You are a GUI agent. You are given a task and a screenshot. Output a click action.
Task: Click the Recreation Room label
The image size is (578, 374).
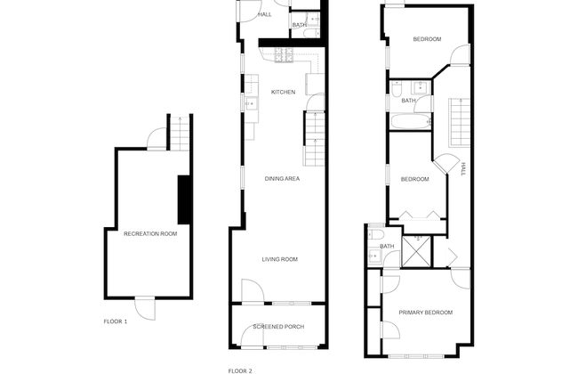tap(150, 233)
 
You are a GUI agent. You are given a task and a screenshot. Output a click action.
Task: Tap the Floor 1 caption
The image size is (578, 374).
tap(116, 321)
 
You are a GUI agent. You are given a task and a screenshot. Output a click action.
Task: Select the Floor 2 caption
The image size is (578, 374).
tap(240, 371)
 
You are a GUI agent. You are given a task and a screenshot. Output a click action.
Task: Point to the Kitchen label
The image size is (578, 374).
tap(283, 92)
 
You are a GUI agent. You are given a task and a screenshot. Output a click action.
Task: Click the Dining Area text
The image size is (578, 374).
tap(282, 179)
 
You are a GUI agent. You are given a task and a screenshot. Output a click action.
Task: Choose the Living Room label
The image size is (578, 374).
tap(280, 259)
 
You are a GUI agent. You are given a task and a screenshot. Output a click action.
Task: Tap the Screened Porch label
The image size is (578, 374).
tap(278, 327)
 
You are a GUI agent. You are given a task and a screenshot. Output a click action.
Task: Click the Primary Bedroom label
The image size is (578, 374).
tap(426, 313)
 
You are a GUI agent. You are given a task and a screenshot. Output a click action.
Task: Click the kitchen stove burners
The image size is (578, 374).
tap(284, 55)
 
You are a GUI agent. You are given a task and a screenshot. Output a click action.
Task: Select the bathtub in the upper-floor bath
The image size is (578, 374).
tap(411, 121)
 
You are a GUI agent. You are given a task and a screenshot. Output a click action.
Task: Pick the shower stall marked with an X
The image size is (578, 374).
tap(416, 251)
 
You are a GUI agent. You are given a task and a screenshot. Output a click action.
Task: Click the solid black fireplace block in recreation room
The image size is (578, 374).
tap(183, 199)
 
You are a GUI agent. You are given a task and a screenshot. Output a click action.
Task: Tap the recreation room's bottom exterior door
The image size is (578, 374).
tap(145, 308)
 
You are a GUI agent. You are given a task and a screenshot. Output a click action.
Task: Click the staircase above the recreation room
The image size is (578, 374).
tap(180, 134)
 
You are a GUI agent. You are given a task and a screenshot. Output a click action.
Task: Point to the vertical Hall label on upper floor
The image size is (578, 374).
tap(463, 169)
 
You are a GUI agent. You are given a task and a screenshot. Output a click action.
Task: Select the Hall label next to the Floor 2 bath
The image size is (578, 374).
tap(265, 14)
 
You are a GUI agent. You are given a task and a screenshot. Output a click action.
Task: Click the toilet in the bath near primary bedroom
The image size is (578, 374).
tap(376, 234)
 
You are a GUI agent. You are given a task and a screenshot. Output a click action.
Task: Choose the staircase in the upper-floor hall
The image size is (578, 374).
tap(460, 122)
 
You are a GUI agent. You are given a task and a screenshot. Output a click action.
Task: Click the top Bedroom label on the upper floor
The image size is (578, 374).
tap(427, 39)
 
